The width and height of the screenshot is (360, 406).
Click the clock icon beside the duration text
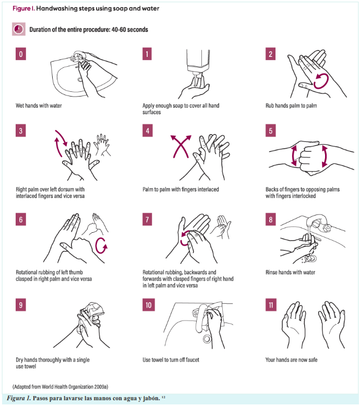(x=19, y=29)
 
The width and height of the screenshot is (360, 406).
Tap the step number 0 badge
(x=21, y=54)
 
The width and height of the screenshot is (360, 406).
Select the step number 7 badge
(x=147, y=219)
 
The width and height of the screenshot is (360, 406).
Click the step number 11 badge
(x=271, y=305)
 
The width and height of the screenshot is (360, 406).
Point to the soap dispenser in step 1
(x=198, y=62)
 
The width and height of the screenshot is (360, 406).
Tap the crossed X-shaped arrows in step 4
(x=181, y=146)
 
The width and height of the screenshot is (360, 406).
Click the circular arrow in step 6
(x=101, y=245)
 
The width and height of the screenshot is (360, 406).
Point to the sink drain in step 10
(x=207, y=338)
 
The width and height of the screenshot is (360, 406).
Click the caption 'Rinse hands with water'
(x=291, y=272)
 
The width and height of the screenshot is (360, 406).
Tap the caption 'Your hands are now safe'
(x=292, y=360)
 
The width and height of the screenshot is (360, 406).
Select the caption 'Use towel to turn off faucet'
(x=171, y=360)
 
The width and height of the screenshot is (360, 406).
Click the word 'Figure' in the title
(x=21, y=8)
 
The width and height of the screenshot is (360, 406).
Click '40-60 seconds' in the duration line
(x=130, y=30)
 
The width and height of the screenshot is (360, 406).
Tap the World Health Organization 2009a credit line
(x=61, y=387)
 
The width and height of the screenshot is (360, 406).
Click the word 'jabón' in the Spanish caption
(x=151, y=398)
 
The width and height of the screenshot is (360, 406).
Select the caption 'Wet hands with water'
(x=39, y=105)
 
